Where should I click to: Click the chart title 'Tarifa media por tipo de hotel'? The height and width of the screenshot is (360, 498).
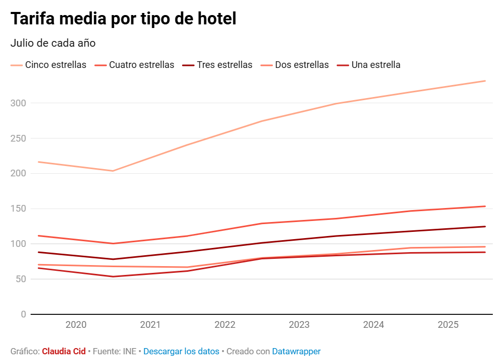pyautogui.click(x=123, y=19)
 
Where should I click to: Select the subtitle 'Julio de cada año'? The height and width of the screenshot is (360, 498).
pyautogui.click(x=53, y=43)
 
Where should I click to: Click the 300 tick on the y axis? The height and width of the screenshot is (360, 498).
pyautogui.click(x=19, y=103)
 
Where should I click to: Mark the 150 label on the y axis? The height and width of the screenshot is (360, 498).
pyautogui.click(x=19, y=209)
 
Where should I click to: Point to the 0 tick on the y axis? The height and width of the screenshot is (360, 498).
pyautogui.click(x=23, y=314)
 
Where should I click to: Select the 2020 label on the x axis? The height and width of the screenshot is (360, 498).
pyautogui.click(x=76, y=325)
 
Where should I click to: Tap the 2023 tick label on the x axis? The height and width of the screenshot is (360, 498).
pyautogui.click(x=299, y=325)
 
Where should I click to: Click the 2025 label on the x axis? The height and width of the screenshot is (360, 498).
pyautogui.click(x=448, y=325)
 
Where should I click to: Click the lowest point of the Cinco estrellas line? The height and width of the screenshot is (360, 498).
pyautogui.click(x=113, y=171)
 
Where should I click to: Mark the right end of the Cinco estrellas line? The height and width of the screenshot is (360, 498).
pyautogui.click(x=485, y=81)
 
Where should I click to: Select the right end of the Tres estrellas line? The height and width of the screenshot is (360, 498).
pyautogui.click(x=485, y=227)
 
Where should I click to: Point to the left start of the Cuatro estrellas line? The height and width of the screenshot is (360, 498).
pyautogui.click(x=38, y=236)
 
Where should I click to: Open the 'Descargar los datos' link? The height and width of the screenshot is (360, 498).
pyautogui.click(x=181, y=352)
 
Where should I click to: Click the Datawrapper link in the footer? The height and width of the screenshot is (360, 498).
pyautogui.click(x=296, y=352)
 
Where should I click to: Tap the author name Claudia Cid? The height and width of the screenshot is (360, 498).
pyautogui.click(x=64, y=352)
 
